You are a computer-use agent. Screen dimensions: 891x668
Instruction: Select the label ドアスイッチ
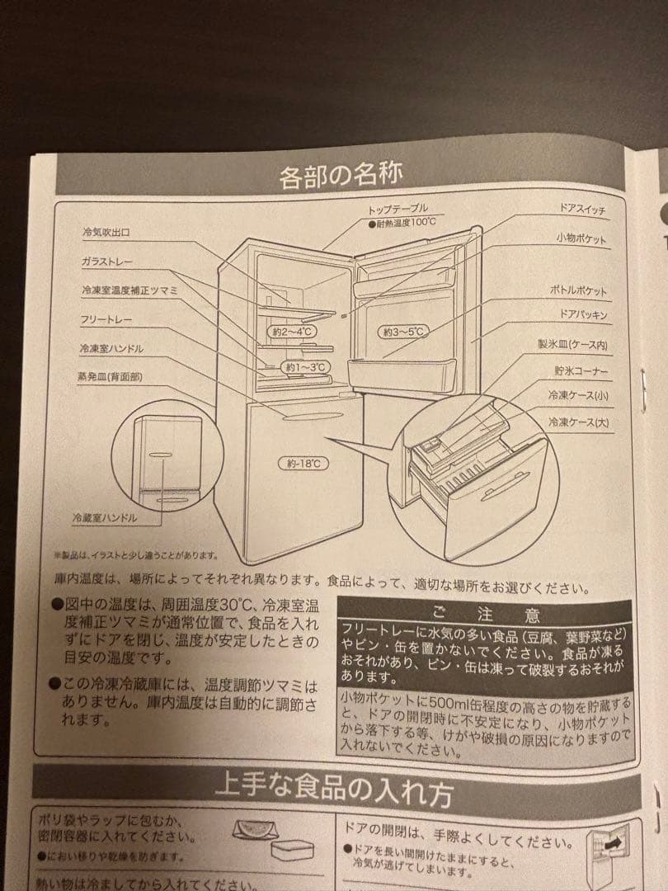(x=581, y=211)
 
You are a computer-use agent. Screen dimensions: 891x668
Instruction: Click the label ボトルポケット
(x=578, y=291)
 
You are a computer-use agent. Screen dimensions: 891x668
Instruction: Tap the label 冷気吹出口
(x=106, y=233)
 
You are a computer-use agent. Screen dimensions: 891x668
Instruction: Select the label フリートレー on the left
(x=106, y=318)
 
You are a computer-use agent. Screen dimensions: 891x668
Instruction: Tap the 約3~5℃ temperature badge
(x=404, y=332)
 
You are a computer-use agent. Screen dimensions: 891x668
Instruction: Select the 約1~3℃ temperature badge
(x=306, y=365)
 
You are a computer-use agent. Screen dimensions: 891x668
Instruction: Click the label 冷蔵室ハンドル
(x=104, y=518)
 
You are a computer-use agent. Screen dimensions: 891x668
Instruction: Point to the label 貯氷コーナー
(x=581, y=371)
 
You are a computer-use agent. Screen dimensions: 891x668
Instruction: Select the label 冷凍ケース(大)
(x=578, y=422)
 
